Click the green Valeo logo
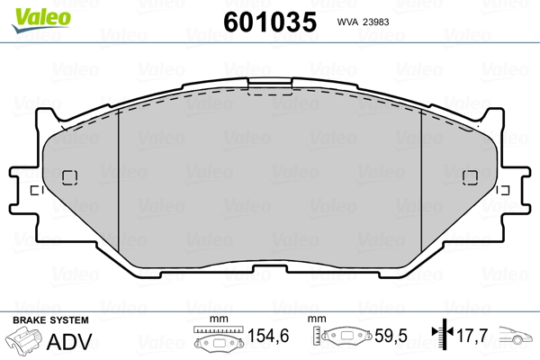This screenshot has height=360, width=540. (41, 20)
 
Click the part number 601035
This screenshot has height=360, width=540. (270, 22)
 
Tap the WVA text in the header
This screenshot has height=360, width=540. (347, 22)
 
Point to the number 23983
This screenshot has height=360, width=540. (376, 22)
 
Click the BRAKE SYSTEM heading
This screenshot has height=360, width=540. (50, 320)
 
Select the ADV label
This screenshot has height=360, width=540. (69, 342)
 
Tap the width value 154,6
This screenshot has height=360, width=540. (268, 336)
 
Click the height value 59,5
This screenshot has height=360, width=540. (391, 336)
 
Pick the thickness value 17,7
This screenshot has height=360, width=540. (472, 336)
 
